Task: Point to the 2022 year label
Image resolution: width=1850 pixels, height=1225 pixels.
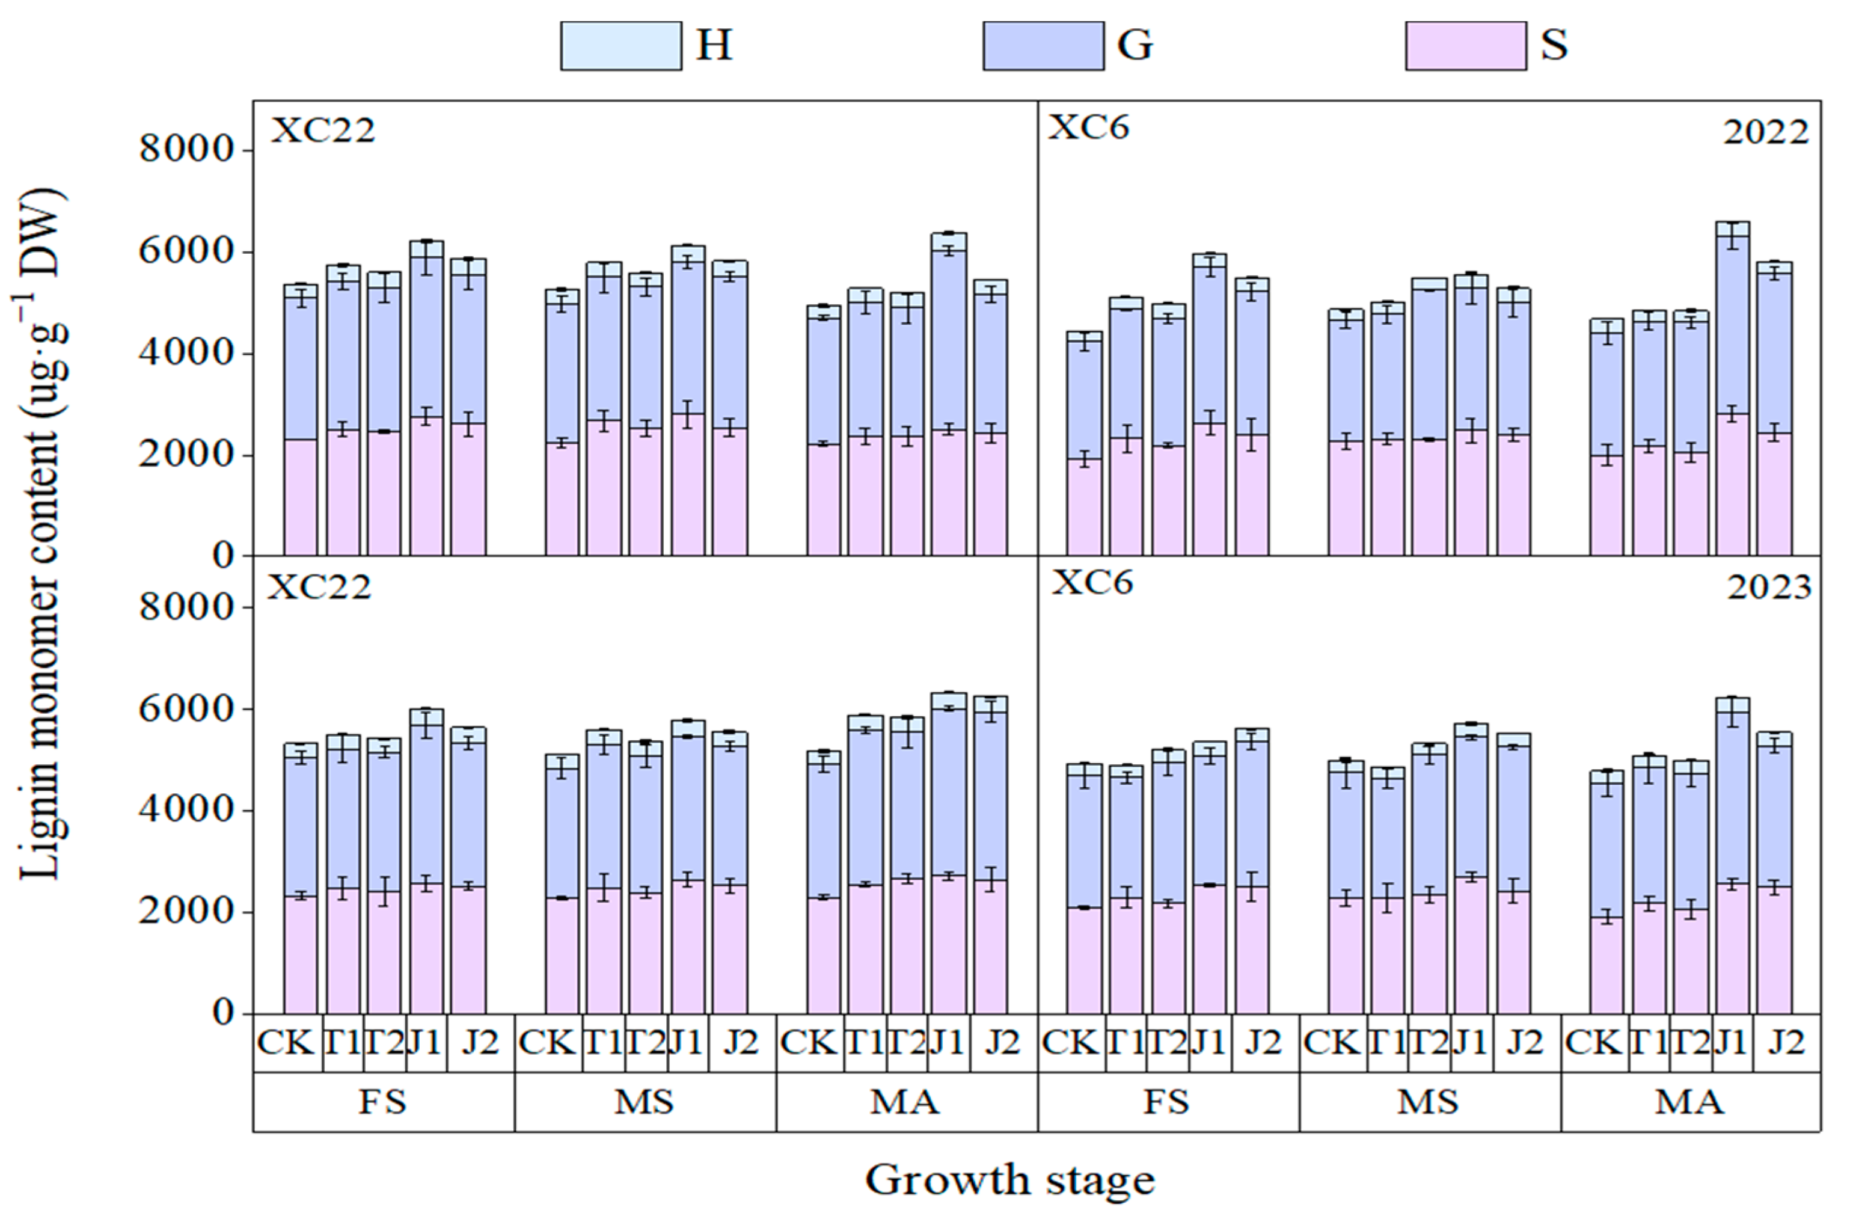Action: point(1766,133)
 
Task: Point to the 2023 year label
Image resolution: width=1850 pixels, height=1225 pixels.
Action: point(1768,588)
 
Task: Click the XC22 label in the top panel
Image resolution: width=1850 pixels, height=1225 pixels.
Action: point(322,130)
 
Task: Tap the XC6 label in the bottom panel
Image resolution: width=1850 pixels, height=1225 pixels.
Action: point(1092,583)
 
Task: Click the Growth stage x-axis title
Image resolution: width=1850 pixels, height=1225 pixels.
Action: point(1009,1180)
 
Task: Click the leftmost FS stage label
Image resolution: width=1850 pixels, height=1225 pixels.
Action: point(382,1102)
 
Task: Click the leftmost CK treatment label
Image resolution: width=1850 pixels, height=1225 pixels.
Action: point(286,1043)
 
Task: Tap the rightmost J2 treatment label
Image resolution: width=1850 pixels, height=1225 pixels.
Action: point(1786,1043)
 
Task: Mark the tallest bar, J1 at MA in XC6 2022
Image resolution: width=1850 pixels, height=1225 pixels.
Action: point(1732,391)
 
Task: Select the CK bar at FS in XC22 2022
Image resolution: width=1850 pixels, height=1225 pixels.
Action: point(301,422)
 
